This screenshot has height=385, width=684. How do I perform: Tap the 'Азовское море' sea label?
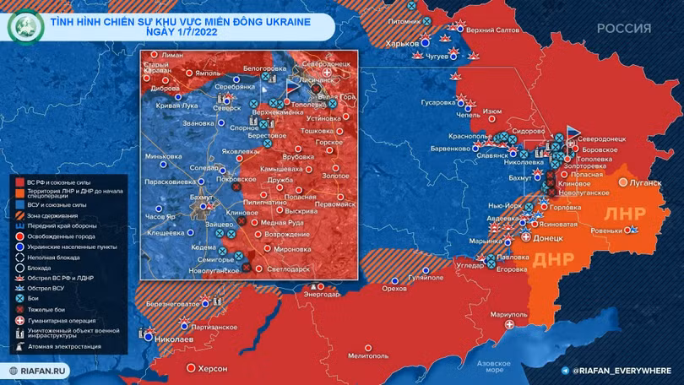click(490, 366)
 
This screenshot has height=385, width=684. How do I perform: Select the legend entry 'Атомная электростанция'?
click(62, 346)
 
